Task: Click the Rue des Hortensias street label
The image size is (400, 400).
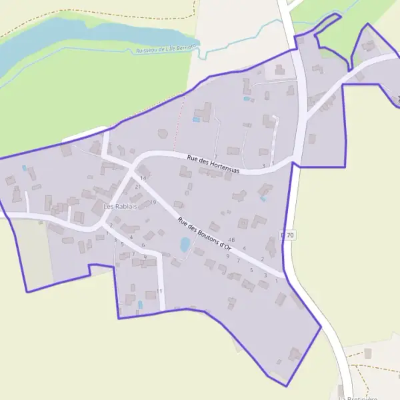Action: click(213, 164)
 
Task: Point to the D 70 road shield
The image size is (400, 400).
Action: click(287, 235)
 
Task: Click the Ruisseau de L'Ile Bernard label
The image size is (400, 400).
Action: click(165, 49)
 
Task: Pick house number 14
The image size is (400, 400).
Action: click(143, 179)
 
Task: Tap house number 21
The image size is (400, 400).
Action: click(138, 187)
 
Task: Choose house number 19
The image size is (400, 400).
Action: click(153, 203)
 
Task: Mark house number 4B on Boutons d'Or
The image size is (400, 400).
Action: click(231, 239)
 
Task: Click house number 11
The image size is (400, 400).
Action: click(160, 291)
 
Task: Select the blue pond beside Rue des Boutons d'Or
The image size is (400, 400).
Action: click(185, 245)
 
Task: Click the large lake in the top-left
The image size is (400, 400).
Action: click(53, 40)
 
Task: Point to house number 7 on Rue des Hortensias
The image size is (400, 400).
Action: click(216, 156)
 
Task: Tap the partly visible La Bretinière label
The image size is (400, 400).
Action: click(358, 397)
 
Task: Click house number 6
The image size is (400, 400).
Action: click(143, 245)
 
